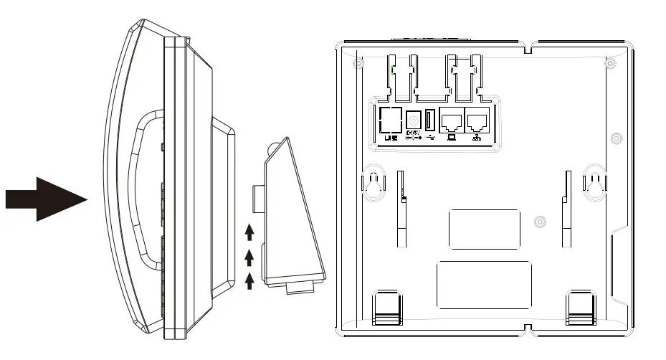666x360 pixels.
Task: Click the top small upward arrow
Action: click(x=249, y=232)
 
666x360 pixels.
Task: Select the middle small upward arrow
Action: click(x=249, y=256)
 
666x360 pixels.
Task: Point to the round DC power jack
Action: click(x=414, y=120)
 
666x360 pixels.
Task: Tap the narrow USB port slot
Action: click(x=430, y=120)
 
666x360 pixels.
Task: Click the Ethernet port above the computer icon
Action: click(x=452, y=120)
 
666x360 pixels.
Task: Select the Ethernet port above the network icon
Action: click(x=477, y=120)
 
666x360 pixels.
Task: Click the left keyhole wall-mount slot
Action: click(x=371, y=186)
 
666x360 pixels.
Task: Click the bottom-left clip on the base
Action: click(x=388, y=306)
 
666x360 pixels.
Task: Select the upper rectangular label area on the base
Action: click(x=484, y=229)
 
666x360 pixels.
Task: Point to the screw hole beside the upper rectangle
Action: click(x=539, y=222)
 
